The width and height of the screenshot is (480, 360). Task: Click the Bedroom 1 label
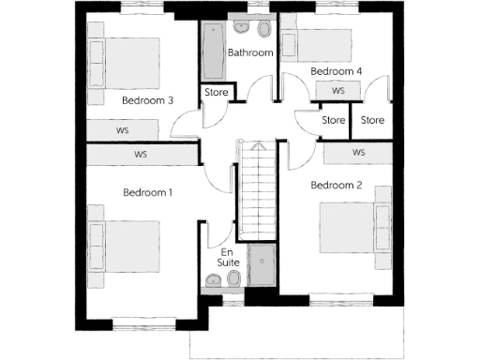click(148, 192)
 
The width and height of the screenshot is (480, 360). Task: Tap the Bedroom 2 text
click(337, 185)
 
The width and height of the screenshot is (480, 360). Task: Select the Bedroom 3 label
click(147, 100)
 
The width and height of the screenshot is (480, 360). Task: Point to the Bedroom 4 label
click(337, 71)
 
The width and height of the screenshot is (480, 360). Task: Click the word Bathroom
click(250, 53)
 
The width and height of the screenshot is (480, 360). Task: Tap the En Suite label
click(229, 259)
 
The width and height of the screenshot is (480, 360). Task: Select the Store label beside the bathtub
click(217, 92)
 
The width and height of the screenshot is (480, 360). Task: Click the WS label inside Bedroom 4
click(338, 91)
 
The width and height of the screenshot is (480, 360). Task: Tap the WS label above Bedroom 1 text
click(141, 155)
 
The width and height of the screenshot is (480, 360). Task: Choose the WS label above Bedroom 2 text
click(358, 152)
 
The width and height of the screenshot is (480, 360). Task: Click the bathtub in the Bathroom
click(213, 53)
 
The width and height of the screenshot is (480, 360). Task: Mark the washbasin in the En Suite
click(235, 280)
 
